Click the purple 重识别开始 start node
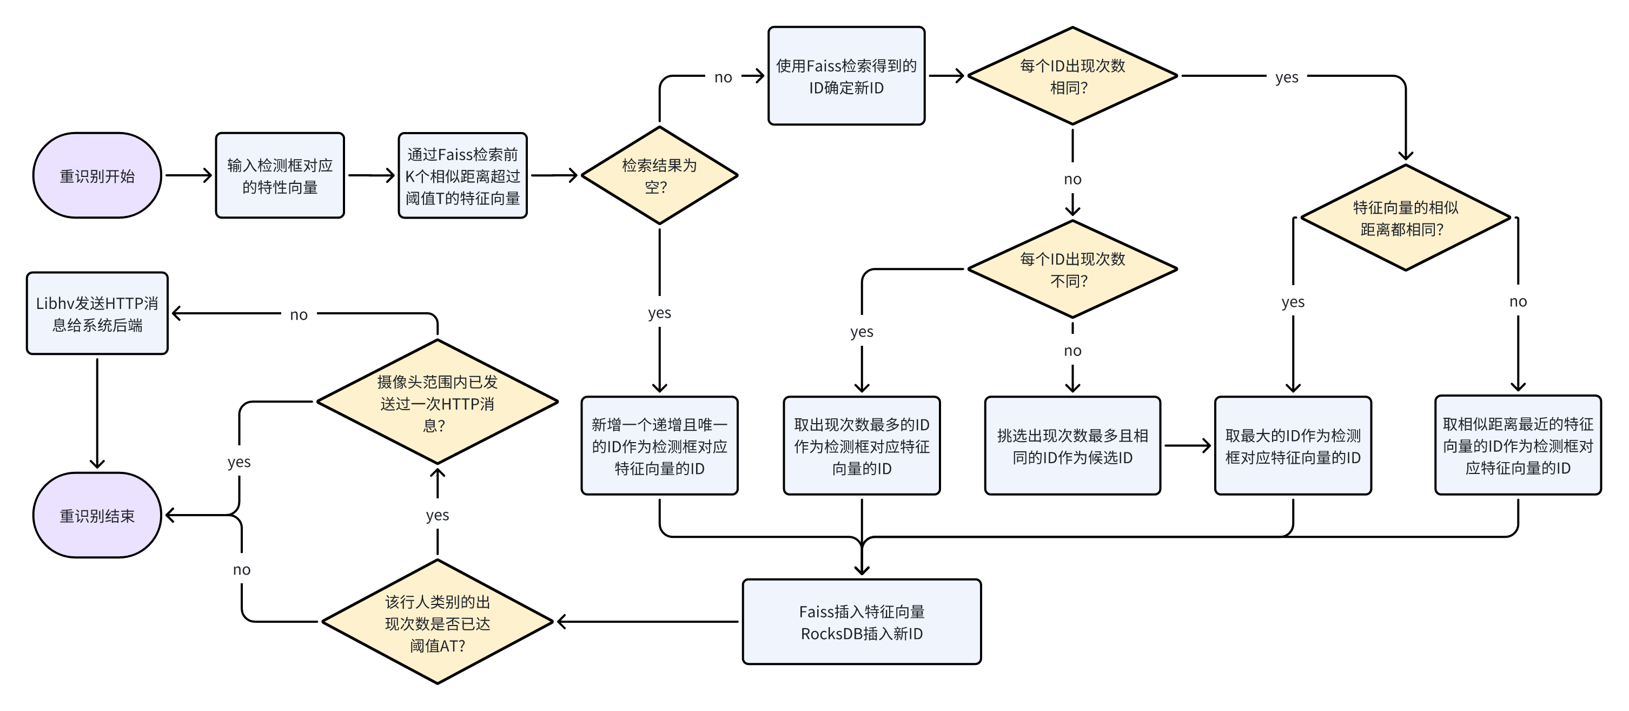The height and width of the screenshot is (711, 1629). pyautogui.click(x=97, y=175)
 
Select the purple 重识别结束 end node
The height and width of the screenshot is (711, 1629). pyautogui.click(x=97, y=515)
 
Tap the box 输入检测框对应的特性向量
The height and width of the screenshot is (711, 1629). pyautogui.click(x=280, y=175)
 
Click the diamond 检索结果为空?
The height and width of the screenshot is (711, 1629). pyautogui.click(x=659, y=175)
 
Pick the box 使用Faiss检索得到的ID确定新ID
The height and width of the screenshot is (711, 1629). pyautogui.click(x=846, y=76)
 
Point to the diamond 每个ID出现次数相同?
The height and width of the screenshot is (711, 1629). pyautogui.click(x=1072, y=76)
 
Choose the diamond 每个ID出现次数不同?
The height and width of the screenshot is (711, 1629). pyautogui.click(x=1072, y=269)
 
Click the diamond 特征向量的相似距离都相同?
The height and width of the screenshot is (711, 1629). pyautogui.click(x=1405, y=218)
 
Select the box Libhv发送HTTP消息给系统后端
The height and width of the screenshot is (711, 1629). pyautogui.click(x=97, y=313)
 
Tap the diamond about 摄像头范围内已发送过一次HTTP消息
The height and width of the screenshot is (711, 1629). pyautogui.click(x=437, y=403)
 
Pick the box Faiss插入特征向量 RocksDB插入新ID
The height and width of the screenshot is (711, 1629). pyautogui.click(x=862, y=622)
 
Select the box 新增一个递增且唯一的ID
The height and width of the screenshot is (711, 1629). pyautogui.click(x=659, y=445)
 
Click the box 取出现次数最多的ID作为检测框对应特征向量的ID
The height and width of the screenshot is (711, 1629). pyautogui.click(x=862, y=445)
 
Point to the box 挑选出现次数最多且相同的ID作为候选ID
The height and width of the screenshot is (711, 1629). pyautogui.click(x=1072, y=445)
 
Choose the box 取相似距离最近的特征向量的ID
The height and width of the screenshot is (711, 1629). pyautogui.click(x=1518, y=445)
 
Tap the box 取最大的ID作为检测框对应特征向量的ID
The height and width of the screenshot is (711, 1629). pyautogui.click(x=1293, y=445)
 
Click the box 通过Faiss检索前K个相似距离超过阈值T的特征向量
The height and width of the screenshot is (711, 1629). pyautogui.click(x=462, y=175)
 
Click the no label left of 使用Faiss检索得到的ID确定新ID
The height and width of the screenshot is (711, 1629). pyautogui.click(x=723, y=77)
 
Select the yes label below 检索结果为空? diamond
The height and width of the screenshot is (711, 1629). pyautogui.click(x=659, y=313)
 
